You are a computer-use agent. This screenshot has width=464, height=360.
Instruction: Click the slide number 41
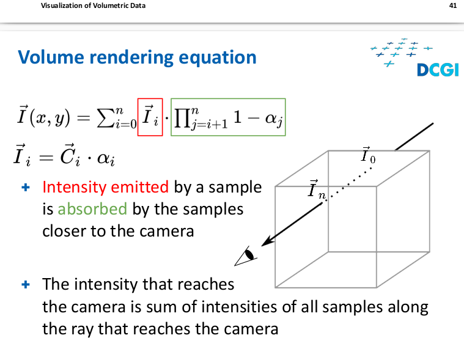(453, 6)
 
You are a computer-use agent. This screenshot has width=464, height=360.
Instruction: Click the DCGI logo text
(438, 70)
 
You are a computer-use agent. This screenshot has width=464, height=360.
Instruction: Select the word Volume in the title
(51, 57)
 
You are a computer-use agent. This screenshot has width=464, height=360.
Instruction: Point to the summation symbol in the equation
(105, 118)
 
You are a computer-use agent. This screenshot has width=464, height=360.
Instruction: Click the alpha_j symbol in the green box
(274, 119)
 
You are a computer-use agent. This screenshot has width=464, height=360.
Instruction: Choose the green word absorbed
(92, 209)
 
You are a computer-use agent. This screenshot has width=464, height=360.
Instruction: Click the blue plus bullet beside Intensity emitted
(26, 187)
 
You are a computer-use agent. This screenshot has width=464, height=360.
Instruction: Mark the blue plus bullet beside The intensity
(26, 285)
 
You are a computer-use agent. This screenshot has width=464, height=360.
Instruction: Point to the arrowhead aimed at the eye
(267, 241)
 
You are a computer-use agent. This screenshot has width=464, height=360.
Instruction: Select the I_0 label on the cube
(368, 155)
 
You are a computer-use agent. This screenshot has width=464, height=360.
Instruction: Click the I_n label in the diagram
(317, 189)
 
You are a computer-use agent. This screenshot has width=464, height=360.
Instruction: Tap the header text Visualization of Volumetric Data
(93, 6)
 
